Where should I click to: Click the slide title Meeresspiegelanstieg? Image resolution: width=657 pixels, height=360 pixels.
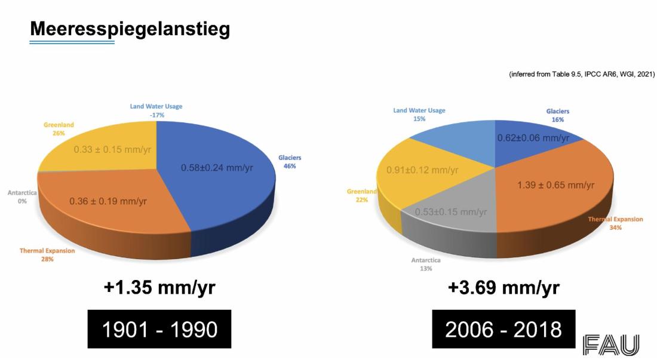coord(130,29)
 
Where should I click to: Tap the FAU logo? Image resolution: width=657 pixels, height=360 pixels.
coord(611,345)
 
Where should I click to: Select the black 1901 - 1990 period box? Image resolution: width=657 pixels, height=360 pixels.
coord(159,329)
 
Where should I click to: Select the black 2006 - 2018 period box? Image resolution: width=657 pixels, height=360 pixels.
coord(504,329)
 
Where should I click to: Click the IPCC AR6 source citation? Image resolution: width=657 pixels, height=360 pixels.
coord(581,75)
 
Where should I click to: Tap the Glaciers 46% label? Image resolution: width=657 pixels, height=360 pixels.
coord(290,162)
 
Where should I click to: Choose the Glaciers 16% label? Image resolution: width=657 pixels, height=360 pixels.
coord(558,115)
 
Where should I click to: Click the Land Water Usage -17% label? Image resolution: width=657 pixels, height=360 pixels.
coord(156,110)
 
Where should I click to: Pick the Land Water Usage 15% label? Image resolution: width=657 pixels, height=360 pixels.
coord(419,115)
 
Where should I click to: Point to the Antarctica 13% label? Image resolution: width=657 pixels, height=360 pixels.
coord(426,264)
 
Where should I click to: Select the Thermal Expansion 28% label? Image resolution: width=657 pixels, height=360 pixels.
coord(47,255)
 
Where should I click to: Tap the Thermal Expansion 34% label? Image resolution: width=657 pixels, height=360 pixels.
coord(616,223)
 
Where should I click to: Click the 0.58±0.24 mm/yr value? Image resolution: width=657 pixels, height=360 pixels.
coord(217,168)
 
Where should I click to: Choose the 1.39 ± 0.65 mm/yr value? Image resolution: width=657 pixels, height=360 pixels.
coord(555,185)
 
